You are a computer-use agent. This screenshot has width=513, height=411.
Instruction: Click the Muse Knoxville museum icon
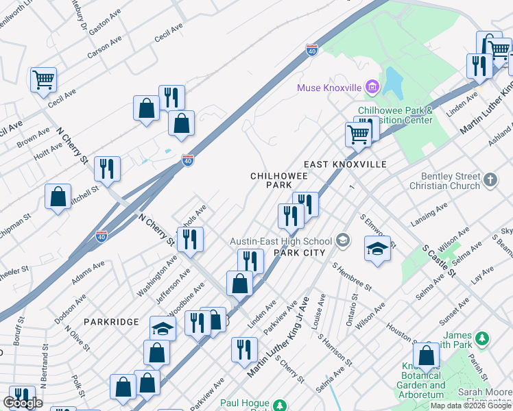click(x=372, y=87)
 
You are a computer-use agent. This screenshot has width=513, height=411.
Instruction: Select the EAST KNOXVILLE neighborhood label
click(x=345, y=164)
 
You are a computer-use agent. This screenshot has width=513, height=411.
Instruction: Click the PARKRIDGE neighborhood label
click(x=111, y=321)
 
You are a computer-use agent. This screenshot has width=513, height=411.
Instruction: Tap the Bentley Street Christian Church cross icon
click(x=490, y=179)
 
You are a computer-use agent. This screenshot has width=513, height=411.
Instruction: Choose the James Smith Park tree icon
click(x=482, y=338)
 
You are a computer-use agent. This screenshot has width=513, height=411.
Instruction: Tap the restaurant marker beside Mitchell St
click(x=107, y=169)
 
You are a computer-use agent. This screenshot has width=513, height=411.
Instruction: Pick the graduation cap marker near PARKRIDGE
click(x=163, y=329)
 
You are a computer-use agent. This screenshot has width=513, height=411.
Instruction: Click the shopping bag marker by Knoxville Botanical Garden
click(x=426, y=355)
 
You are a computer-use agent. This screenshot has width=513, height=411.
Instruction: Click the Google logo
click(x=23, y=403)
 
